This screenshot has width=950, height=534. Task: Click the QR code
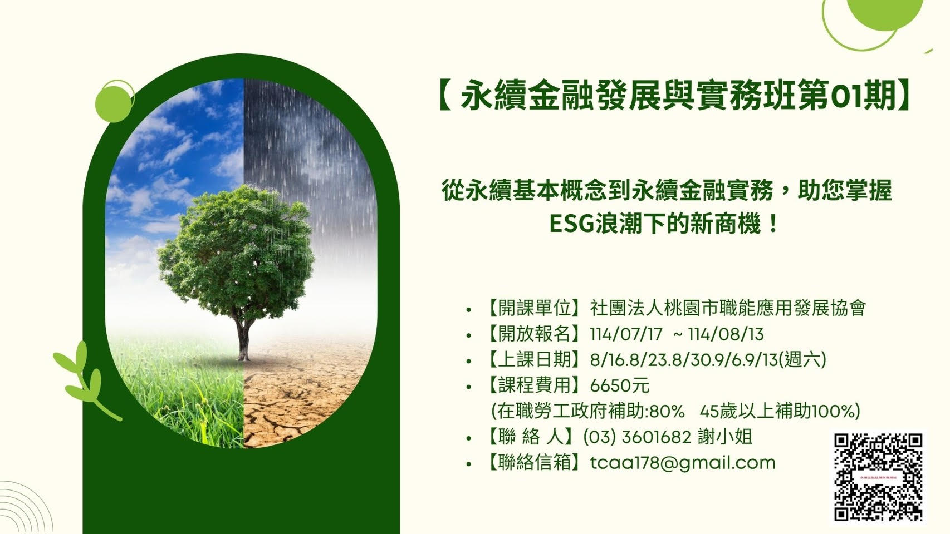pyautogui.click(x=879, y=477)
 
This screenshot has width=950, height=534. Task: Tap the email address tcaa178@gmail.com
pyautogui.click(x=683, y=462)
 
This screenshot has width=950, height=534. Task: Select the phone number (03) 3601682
pyautogui.click(x=638, y=437)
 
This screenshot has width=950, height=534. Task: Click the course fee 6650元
pyautogui.click(x=620, y=385)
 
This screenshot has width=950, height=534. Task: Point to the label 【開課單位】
pyautogui.click(x=535, y=308)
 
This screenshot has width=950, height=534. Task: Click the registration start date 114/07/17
pyautogui.click(x=626, y=334)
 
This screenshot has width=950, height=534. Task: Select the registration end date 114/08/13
pyautogui.click(x=726, y=334)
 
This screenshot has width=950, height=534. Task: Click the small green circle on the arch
pyautogui.click(x=112, y=102)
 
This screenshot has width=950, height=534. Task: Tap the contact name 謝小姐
pyautogui.click(x=725, y=437)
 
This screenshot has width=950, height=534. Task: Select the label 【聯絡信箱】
pyautogui.click(x=535, y=462)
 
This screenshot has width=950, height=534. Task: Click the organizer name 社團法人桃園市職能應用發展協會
pyautogui.click(x=728, y=308)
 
